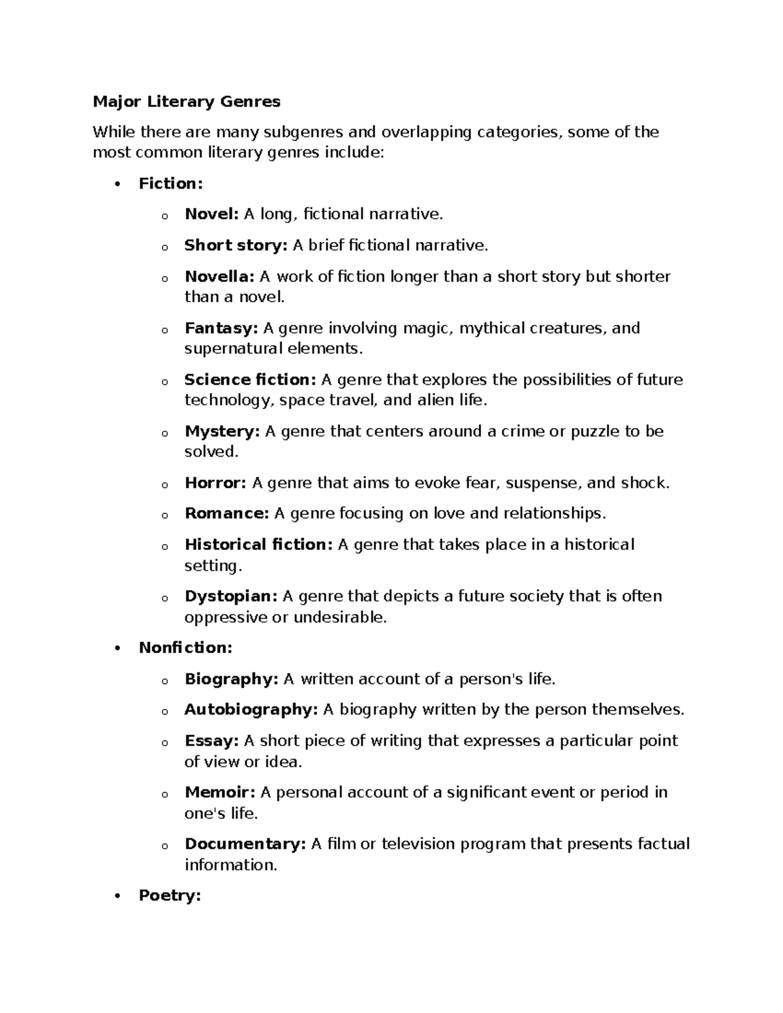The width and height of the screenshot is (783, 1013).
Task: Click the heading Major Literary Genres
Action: pos(187,102)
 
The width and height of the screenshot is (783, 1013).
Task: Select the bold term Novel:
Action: pos(212,214)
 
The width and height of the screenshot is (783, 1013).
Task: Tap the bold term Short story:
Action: pos(236,245)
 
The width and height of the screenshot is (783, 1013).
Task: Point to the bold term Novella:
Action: pos(219,277)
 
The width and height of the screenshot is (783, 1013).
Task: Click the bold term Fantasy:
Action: pos(221,328)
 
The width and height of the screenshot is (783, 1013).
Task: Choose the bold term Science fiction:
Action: pos(250,380)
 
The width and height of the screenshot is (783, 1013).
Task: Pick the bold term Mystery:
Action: pos(222,431)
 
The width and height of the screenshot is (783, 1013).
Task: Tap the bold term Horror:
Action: pos(215,483)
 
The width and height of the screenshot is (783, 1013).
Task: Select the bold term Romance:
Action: pos(226,513)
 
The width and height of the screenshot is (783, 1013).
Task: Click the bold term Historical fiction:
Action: pos(258,545)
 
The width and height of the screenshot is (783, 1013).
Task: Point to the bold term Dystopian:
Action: pos(231,596)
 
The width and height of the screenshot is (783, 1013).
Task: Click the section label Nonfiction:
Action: pos(185,648)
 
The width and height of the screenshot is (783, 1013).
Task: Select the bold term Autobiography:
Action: pos(251,710)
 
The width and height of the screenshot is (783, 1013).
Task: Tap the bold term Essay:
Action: pos(211,741)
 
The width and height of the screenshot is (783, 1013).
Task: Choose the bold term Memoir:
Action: pos(220,793)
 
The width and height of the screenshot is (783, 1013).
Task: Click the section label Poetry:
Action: pos(170,896)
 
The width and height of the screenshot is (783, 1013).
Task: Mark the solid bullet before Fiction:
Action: pos(117,185)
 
